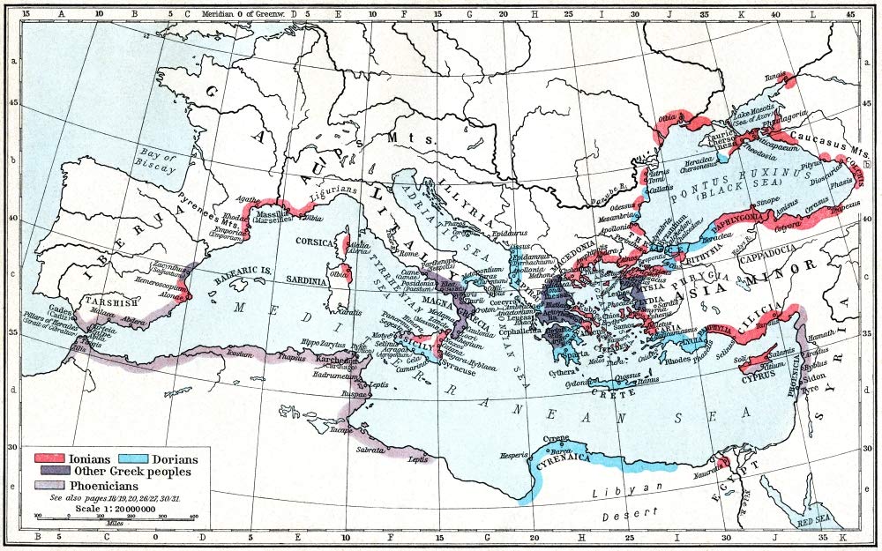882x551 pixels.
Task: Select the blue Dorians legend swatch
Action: [x=132, y=458]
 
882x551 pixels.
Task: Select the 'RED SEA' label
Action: [x=812, y=523]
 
